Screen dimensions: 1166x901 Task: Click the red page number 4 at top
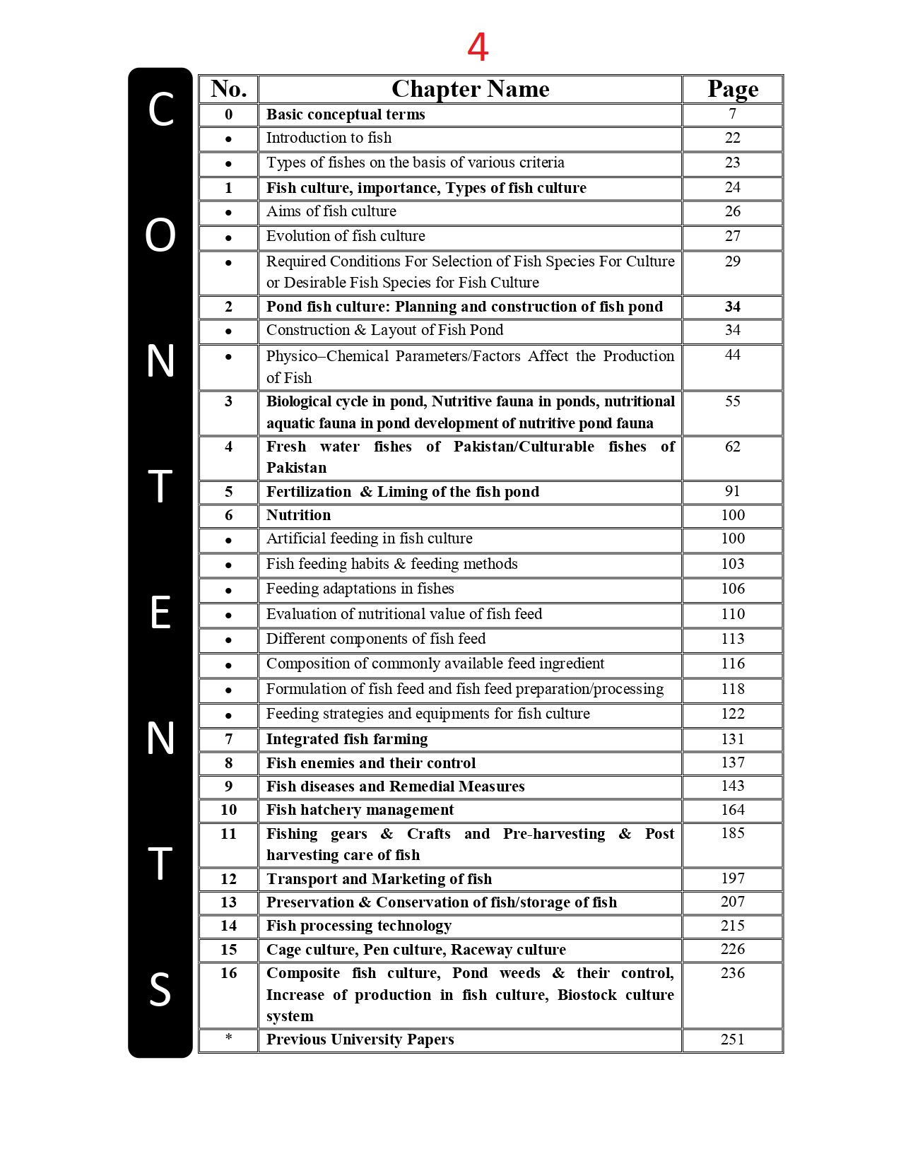(x=478, y=48)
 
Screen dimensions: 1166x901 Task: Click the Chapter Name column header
(x=470, y=89)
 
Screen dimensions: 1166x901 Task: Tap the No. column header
(x=228, y=89)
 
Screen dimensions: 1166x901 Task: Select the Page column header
(x=732, y=89)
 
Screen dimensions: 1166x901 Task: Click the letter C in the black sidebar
(x=160, y=110)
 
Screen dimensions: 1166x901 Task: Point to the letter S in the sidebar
(x=160, y=989)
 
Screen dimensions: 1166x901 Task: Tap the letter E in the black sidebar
(x=160, y=613)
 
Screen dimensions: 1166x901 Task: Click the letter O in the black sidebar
(x=160, y=235)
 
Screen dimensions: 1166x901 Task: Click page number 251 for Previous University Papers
(x=732, y=1039)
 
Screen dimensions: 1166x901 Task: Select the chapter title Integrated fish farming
(x=347, y=739)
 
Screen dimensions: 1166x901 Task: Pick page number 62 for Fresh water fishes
(x=732, y=447)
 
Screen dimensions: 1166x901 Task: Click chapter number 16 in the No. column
(x=228, y=973)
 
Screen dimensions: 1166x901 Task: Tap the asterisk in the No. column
(x=228, y=1038)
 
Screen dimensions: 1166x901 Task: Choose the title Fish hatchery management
(x=360, y=810)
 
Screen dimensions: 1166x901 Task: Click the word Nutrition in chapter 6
(x=298, y=515)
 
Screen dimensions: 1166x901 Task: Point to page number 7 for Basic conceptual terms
(x=732, y=114)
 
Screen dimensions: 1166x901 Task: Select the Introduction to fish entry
(x=329, y=138)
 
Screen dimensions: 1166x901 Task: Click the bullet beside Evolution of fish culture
(x=228, y=237)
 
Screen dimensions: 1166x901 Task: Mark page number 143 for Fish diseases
(x=732, y=786)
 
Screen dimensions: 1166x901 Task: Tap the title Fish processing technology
(x=358, y=926)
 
